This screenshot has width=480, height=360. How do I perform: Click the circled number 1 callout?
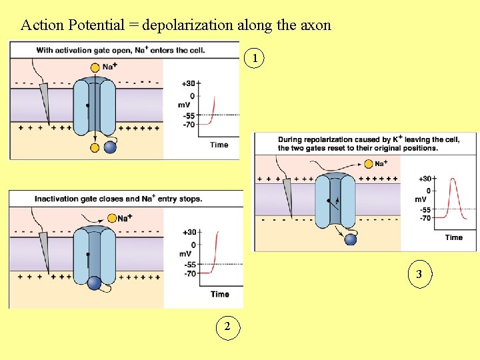coord(254,59)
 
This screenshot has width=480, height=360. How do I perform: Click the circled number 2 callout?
coord(228,326)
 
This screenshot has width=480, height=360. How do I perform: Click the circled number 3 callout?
coord(419,274)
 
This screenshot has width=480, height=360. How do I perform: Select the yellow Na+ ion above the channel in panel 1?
coord(96,67)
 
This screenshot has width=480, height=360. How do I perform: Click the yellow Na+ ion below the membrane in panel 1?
coord(95,147)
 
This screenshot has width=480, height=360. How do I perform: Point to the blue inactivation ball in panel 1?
coord(110,148)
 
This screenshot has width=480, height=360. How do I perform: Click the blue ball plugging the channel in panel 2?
coord(95,283)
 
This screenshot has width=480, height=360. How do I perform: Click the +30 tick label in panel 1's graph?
coord(188,84)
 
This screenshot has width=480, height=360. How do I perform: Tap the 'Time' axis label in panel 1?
coord(219,145)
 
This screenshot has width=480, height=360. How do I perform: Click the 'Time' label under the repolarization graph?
coord(453,237)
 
